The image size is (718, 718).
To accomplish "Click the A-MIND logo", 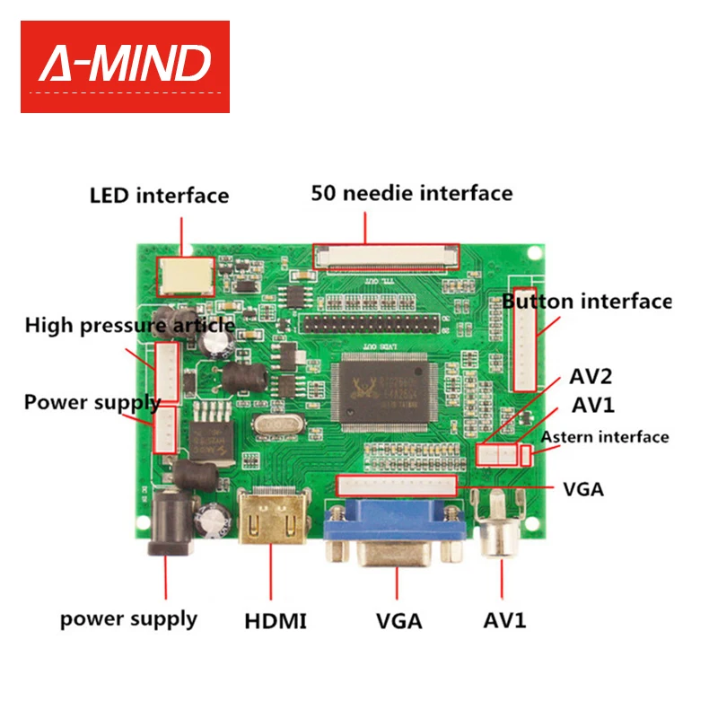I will (125, 66).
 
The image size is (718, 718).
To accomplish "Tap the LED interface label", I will (159, 195).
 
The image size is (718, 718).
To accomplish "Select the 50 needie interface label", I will (412, 193).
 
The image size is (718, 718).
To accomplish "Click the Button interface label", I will (586, 302).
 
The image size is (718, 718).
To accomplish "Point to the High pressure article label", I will (130, 324).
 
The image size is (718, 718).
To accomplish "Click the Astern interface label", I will (604, 437).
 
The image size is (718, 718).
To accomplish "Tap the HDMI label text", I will (276, 620).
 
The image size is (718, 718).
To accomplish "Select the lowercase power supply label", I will (128, 618).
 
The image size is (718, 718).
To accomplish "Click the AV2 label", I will (591, 375).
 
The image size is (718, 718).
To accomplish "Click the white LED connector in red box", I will (186, 277).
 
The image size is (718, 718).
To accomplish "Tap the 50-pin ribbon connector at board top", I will (385, 255).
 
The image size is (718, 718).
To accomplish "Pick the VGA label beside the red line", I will (582, 489).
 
